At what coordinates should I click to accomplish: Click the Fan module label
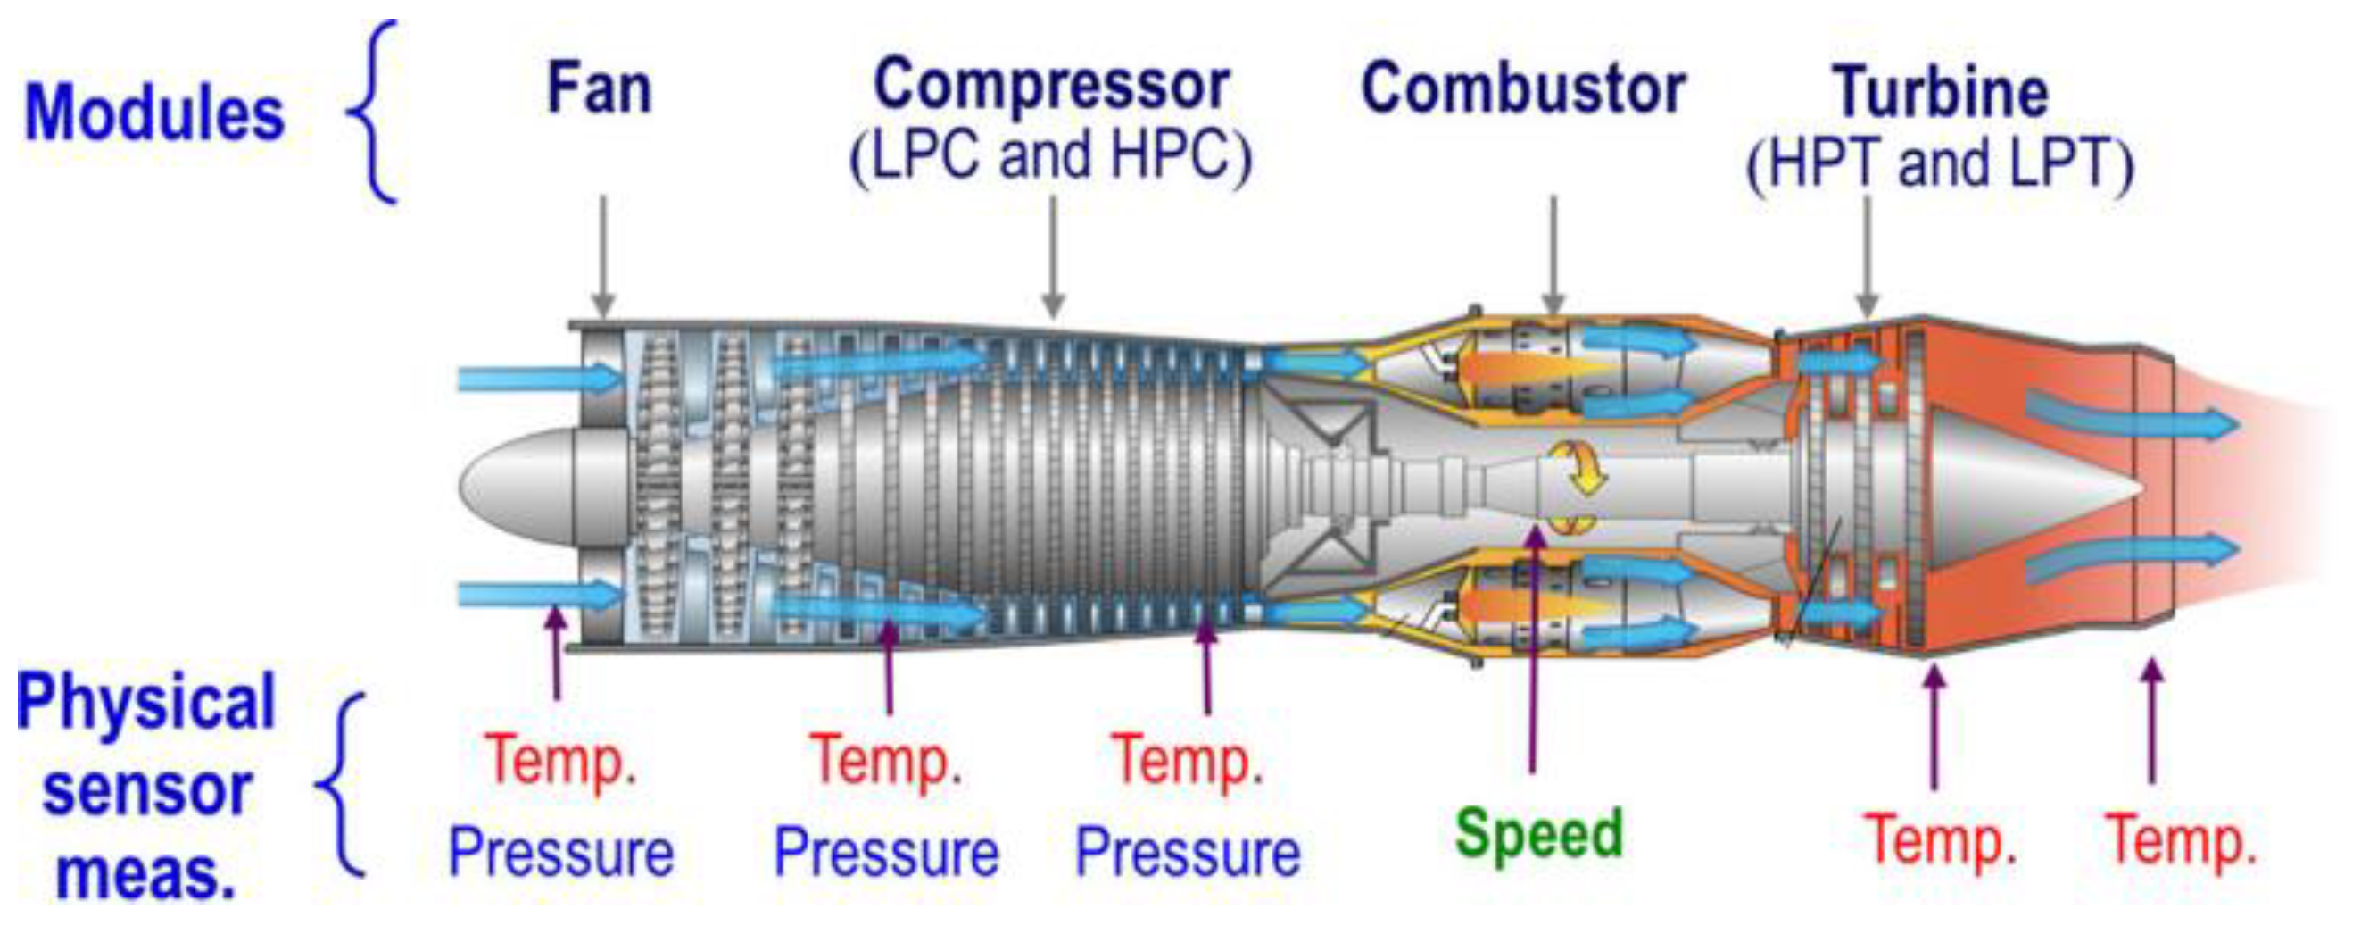[600, 89]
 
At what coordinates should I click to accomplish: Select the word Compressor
[1051, 85]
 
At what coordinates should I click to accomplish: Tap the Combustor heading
[1523, 89]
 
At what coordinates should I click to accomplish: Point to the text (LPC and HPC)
[1050, 156]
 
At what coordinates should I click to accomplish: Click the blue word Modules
[154, 113]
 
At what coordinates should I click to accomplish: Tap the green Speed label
[1539, 833]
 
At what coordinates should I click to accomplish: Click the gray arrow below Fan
[602, 255]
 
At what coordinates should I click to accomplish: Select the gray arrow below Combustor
[1553, 255]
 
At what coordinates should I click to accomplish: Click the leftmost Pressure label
[561, 852]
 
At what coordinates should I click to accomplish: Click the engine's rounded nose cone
[513, 486]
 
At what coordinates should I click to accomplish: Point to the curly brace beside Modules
[374, 112]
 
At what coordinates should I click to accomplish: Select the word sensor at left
[146, 790]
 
